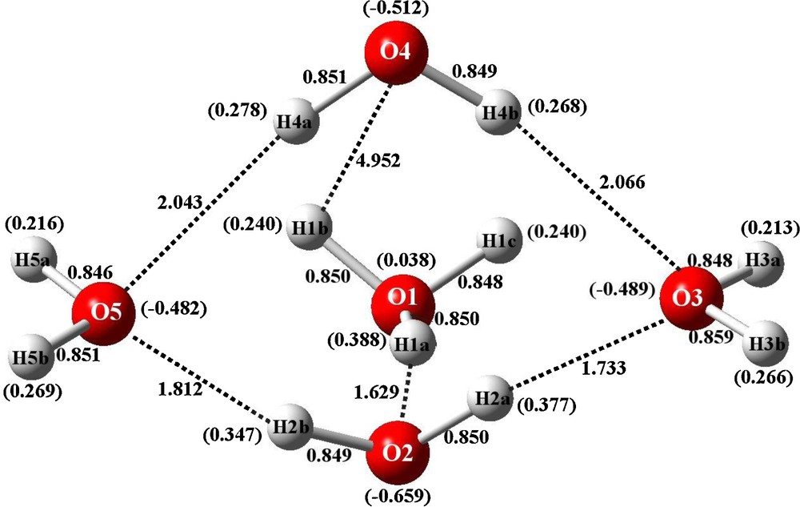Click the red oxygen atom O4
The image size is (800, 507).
point(396,52)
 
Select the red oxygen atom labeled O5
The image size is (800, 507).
point(103,312)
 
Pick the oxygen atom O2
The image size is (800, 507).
point(398,453)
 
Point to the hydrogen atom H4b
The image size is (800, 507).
point(500,112)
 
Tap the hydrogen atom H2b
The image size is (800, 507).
point(290,428)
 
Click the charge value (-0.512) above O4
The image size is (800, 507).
point(396,9)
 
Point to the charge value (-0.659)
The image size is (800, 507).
point(398,496)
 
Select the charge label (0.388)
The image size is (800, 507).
point(358,339)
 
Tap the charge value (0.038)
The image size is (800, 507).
point(406,260)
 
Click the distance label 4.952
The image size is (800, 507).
point(378,160)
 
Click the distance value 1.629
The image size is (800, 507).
point(377,392)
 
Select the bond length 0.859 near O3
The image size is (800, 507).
point(710,336)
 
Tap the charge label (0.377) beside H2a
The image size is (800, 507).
point(546,406)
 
